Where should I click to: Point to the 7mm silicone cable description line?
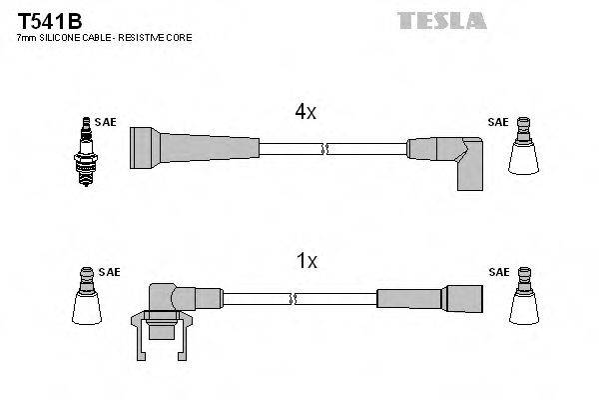click(x=105, y=37)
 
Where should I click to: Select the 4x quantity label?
click(x=305, y=113)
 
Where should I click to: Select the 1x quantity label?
click(x=306, y=261)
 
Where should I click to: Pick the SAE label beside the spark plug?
click(x=107, y=122)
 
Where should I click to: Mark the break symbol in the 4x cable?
click(x=324, y=149)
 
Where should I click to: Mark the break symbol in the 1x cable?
click(x=295, y=298)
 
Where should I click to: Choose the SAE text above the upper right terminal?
click(x=497, y=122)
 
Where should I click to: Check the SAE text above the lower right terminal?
click(x=497, y=271)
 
